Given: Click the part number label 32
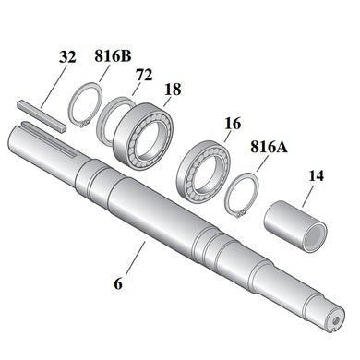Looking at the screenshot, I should click(x=67, y=57).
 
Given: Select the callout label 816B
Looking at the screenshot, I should click(x=112, y=54).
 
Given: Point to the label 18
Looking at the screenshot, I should click(x=174, y=89).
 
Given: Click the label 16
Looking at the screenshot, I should click(x=232, y=123).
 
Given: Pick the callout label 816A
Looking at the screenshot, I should click(x=268, y=146).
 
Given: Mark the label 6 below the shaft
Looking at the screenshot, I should click(x=118, y=283).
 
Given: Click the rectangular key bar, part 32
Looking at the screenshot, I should click(x=42, y=114).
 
